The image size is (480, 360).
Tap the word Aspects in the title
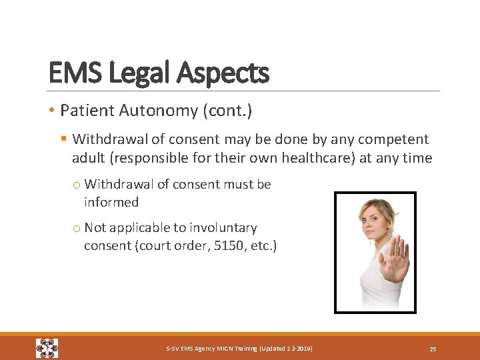click(x=223, y=73)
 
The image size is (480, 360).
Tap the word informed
click(x=111, y=202)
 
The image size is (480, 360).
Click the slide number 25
click(x=433, y=349)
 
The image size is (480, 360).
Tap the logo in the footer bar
click(x=47, y=348)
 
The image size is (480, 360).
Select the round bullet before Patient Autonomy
click(x=52, y=111)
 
